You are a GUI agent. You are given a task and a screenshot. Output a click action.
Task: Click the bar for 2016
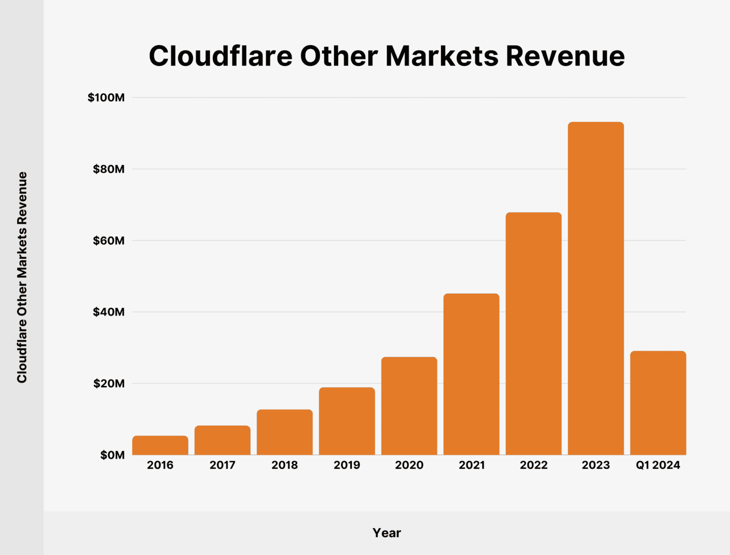point(160,445)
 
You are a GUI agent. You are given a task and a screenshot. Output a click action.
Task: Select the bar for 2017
point(223,440)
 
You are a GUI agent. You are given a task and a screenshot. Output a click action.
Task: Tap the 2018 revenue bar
point(284,432)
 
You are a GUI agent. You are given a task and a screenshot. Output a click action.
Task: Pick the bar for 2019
point(347,421)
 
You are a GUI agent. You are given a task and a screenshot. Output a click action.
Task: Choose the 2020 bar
point(409,406)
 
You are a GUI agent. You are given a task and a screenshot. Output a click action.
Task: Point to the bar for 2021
point(471,374)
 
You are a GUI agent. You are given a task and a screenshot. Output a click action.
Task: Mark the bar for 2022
point(533,334)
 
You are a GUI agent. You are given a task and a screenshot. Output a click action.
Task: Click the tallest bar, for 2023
point(596,288)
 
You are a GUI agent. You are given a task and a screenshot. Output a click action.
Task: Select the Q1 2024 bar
point(658,403)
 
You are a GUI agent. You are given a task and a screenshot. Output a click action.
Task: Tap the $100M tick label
point(106,97)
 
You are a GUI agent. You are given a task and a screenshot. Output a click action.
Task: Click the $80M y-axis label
point(108,169)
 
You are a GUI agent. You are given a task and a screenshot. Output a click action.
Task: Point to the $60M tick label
point(108,240)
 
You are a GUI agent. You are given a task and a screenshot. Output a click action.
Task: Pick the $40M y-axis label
point(108,312)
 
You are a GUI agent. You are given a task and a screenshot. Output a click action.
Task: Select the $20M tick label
point(108,384)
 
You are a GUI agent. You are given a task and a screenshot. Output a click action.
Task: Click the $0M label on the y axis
point(112,455)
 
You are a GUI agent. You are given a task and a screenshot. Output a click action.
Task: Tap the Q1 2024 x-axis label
point(658,465)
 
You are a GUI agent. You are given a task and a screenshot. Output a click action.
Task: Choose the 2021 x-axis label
point(471,465)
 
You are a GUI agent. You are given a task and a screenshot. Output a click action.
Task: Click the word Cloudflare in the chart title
point(220,56)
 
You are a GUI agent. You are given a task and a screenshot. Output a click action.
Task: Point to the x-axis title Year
point(387,533)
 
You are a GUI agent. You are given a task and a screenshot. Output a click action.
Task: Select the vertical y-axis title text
point(22,277)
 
